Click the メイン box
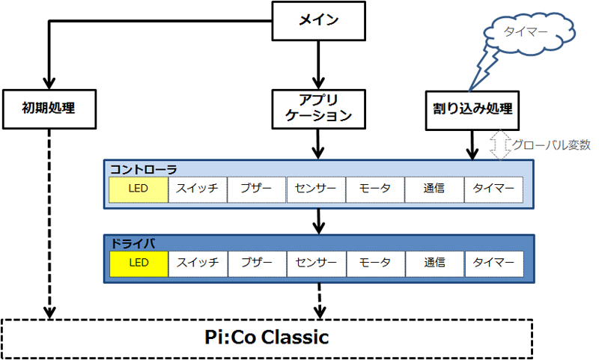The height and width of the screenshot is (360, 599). (x=319, y=20)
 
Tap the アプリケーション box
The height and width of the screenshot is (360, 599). (x=320, y=108)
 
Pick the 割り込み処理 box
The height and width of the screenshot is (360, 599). (x=472, y=108)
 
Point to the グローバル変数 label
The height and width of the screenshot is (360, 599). (x=551, y=144)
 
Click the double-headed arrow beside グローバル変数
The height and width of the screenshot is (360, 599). (x=499, y=144)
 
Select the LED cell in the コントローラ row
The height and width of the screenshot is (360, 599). (x=139, y=189)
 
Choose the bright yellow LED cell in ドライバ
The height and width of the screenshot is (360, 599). (x=139, y=263)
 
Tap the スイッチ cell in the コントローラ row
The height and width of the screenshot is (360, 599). (x=198, y=189)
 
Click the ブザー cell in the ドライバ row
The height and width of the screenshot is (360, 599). (x=257, y=263)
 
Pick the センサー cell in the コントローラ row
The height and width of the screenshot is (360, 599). (x=316, y=189)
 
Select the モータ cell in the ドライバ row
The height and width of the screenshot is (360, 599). (x=375, y=263)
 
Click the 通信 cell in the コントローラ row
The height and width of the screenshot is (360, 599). (x=434, y=189)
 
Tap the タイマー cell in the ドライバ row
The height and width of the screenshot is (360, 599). (x=493, y=263)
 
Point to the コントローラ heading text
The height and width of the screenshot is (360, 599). (x=143, y=169)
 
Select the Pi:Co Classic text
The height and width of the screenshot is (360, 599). (x=267, y=338)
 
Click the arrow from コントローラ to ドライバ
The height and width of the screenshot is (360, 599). (x=320, y=221)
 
